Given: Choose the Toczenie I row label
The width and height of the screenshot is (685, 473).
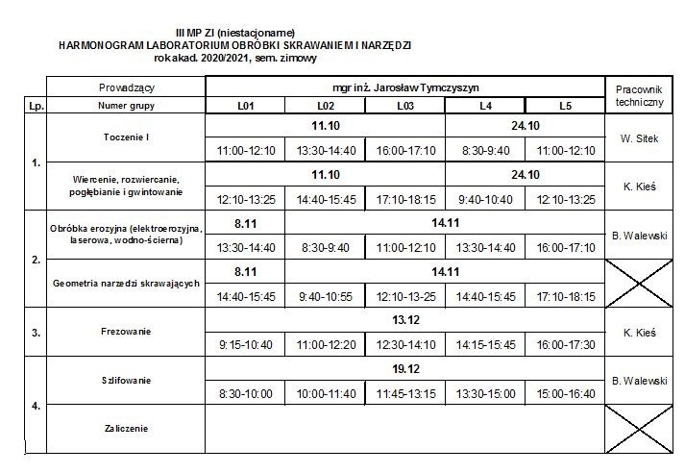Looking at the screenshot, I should tap(125, 137).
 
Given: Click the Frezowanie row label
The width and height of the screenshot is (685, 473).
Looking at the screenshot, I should tap(125, 333).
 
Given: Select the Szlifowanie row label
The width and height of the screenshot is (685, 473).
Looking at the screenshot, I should tap(125, 381).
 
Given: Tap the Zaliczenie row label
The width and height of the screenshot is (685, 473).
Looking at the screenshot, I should tap(125, 428).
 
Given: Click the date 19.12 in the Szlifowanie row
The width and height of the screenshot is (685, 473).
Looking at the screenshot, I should tap(405, 368).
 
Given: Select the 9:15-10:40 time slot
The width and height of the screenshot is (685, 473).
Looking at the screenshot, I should tap(246, 344).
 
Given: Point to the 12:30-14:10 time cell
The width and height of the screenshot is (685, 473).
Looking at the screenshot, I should tap(405, 344).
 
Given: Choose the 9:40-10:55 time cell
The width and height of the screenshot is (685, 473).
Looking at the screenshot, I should tap(326, 296).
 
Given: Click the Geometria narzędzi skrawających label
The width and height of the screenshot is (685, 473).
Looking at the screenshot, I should tap(125, 284).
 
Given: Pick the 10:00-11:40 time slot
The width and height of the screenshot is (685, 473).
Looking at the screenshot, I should tap(326, 392).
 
